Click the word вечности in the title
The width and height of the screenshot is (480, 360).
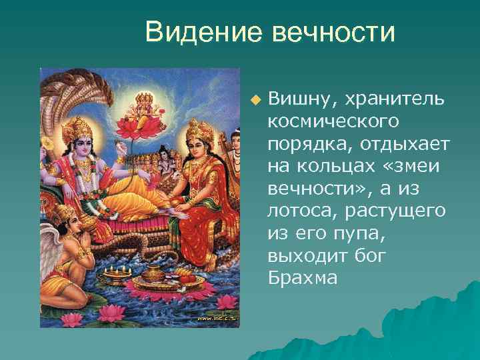tap(334, 32)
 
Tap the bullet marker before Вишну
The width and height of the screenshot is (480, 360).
tap(254, 100)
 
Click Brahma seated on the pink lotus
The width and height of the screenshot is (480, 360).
tap(141, 107)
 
